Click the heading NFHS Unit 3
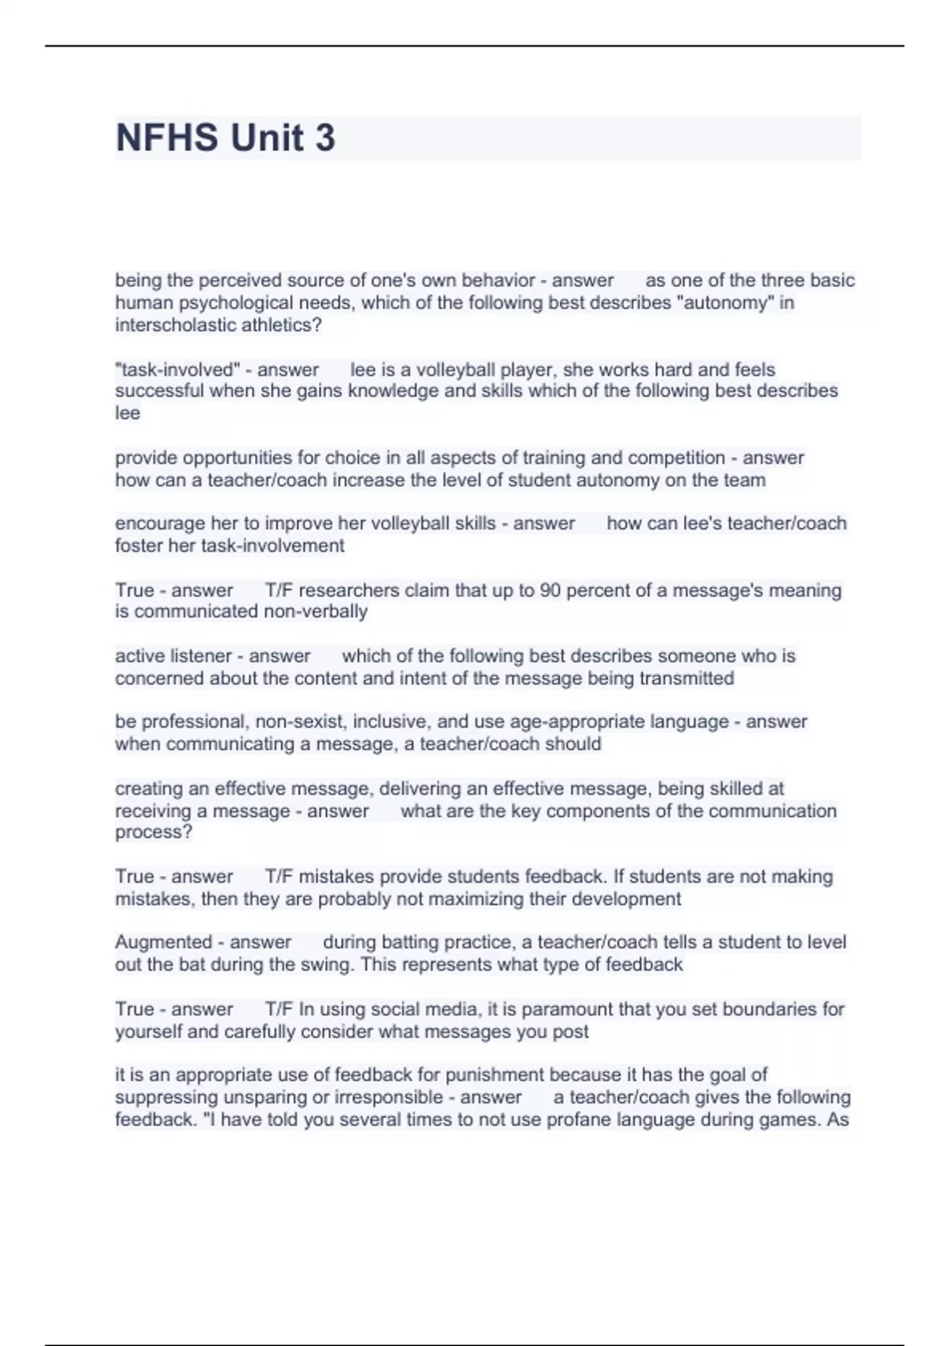tap(226, 138)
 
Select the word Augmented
tap(163, 942)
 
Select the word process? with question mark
tap(154, 833)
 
